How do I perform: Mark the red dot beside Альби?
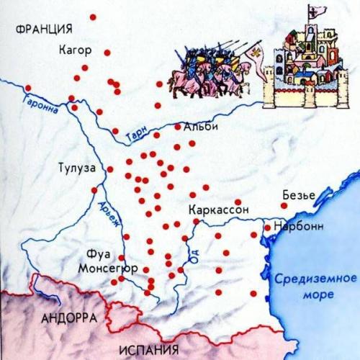[x=178, y=127]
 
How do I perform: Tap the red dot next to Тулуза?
[x=111, y=169]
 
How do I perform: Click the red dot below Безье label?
[x=284, y=205]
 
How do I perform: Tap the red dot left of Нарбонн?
[x=267, y=228]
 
